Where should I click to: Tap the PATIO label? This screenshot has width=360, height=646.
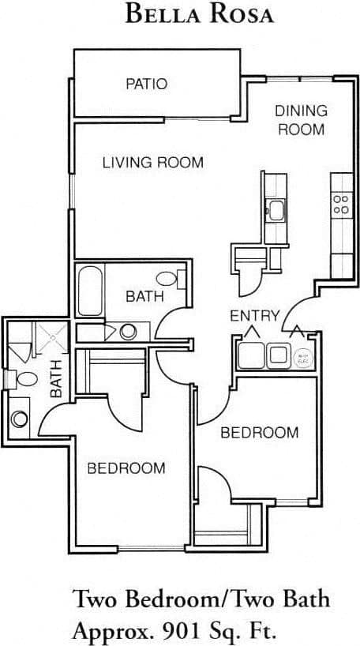pyautogui.click(x=147, y=84)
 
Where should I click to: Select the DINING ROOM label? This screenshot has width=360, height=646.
pyautogui.click(x=301, y=120)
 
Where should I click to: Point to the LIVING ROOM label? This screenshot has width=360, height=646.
pyautogui.click(x=153, y=163)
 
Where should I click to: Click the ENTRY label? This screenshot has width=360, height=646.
pyautogui.click(x=254, y=316)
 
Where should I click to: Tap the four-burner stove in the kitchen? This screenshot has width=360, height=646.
pyautogui.click(x=341, y=205)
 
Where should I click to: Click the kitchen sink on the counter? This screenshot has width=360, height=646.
pyautogui.click(x=276, y=209)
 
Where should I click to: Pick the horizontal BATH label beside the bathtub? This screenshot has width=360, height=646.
pyautogui.click(x=145, y=296)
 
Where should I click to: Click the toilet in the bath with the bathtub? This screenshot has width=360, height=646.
pyautogui.click(x=168, y=278)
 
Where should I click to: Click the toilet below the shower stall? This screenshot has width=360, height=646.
pyautogui.click(x=24, y=379)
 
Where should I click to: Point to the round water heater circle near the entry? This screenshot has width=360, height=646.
pyautogui.click(x=302, y=357)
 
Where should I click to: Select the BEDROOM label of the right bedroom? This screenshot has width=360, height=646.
pyautogui.click(x=259, y=432)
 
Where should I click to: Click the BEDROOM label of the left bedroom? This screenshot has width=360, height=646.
pyautogui.click(x=126, y=468)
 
